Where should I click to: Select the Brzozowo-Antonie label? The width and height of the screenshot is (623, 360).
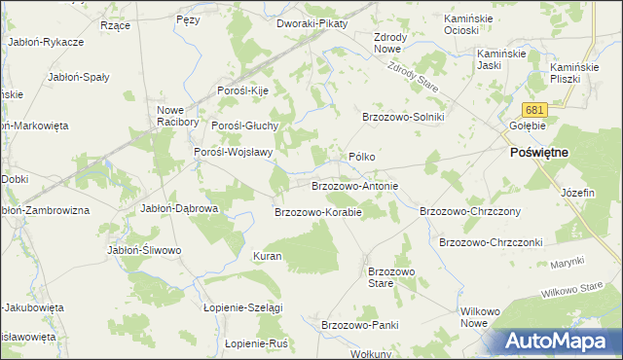(354, 185)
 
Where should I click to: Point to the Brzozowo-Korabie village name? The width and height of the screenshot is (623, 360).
(318, 211)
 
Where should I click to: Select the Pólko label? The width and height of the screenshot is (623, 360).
(362, 157)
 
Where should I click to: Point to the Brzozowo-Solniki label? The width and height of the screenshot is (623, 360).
(403, 117)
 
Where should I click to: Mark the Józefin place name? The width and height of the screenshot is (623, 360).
(577, 193)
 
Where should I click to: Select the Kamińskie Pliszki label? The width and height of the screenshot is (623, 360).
(570, 72)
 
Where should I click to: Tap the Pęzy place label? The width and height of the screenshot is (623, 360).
(189, 18)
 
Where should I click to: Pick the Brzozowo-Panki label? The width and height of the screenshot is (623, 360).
(360, 325)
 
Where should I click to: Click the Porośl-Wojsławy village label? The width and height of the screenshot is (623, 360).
(233, 152)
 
